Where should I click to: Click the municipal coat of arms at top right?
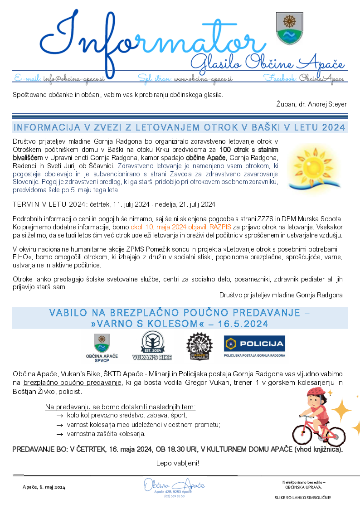pos(289,28)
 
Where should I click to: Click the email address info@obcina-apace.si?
pos(74,78)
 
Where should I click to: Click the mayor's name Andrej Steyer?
pos(327,104)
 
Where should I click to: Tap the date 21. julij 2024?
pos(195,204)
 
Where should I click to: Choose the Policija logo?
pos(254,346)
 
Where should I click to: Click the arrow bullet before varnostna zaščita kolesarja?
pos(59,434)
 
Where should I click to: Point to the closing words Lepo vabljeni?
pos(178,463)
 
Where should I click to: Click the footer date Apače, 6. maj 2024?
pos(44,487)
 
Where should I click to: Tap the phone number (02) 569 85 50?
pos(174,496)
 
